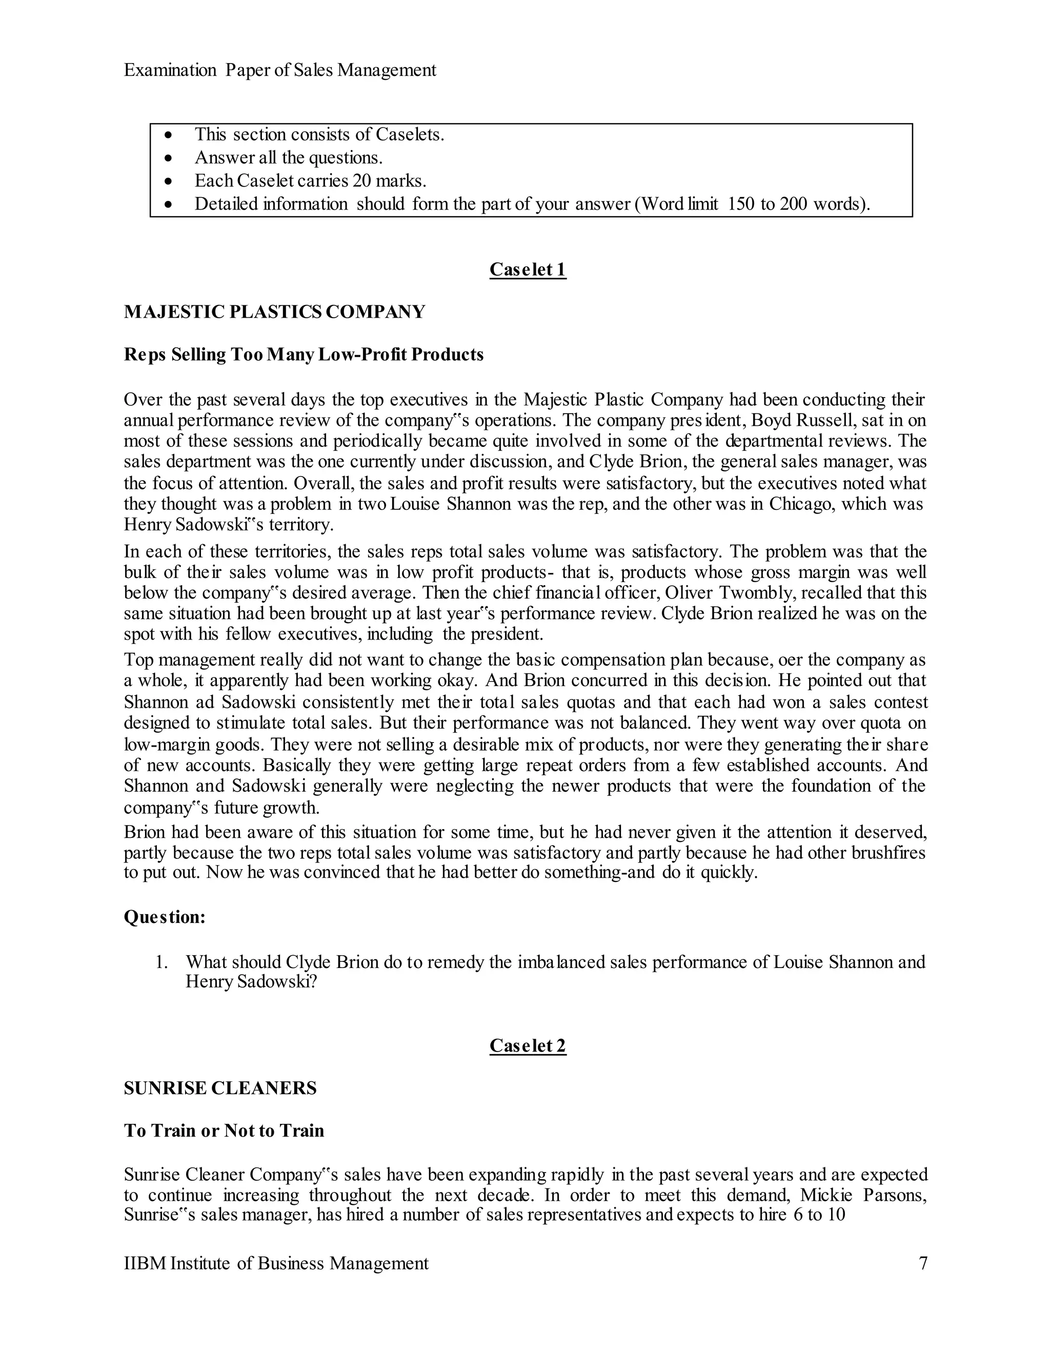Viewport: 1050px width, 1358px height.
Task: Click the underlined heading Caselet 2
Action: pyautogui.click(x=528, y=1045)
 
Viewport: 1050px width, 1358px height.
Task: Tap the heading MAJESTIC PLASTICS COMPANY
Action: pyautogui.click(x=274, y=312)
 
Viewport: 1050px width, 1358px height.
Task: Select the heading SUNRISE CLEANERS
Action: pyautogui.click(x=220, y=1088)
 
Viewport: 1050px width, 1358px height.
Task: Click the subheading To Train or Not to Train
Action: pyautogui.click(x=224, y=1130)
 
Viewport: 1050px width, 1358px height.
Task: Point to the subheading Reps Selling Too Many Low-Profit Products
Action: pyautogui.click(x=304, y=355)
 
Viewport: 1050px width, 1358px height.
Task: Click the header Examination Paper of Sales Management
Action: pyautogui.click(x=280, y=70)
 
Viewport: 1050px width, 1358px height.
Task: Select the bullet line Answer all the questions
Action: pyautogui.click(x=289, y=157)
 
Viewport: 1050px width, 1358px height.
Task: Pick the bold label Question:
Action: pyautogui.click(x=165, y=917)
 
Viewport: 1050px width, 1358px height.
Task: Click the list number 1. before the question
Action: pyautogui.click(x=161, y=962)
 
